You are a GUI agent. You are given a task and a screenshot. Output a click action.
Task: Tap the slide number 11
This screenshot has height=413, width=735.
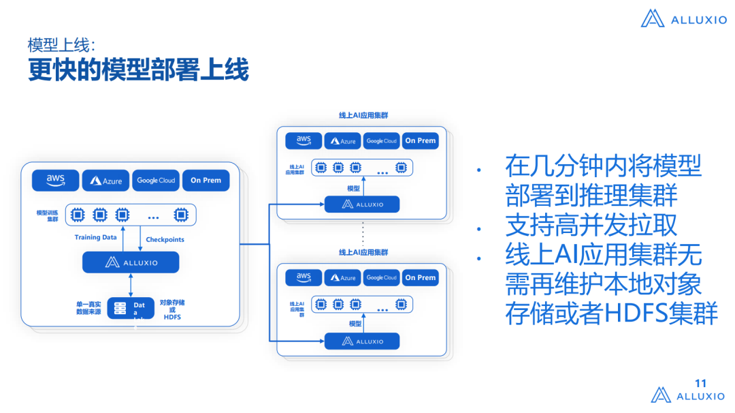tap(700, 384)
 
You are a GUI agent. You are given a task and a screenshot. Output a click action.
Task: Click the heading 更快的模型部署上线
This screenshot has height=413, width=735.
tap(138, 71)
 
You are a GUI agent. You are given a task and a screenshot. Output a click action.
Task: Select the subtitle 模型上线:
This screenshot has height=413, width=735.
tap(61, 45)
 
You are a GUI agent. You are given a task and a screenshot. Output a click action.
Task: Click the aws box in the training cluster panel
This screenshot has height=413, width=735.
tap(55, 180)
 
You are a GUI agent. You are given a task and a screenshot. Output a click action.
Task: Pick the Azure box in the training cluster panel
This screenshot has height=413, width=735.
tap(105, 181)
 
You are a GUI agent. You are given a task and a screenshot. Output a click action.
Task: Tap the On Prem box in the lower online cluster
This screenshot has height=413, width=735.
tap(420, 277)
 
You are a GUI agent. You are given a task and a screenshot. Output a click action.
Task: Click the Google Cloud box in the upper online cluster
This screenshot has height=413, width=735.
tap(381, 141)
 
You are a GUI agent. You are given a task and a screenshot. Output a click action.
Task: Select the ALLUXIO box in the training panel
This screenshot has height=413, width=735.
tap(131, 262)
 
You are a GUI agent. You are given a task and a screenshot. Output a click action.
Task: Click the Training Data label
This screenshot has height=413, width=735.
tap(96, 238)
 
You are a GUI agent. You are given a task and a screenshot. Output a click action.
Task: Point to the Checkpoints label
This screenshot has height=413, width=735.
tap(165, 240)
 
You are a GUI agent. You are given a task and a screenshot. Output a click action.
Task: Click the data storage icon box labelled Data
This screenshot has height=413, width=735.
tap(131, 308)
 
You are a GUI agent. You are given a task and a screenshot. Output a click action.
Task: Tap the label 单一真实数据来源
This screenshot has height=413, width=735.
tap(88, 307)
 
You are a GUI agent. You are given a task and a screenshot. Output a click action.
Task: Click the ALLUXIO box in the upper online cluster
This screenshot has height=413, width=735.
tap(362, 204)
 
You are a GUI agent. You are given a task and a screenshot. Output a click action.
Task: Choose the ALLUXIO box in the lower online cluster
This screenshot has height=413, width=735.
tap(362, 341)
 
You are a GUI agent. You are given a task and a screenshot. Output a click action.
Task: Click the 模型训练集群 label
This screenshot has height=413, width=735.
tap(48, 216)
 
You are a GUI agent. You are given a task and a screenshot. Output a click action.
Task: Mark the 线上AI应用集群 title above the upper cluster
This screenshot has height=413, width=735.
tap(363, 116)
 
